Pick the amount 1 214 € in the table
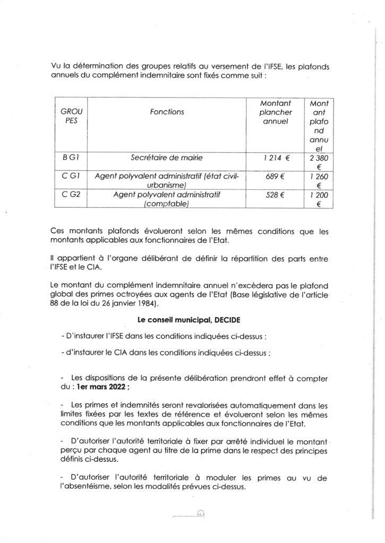(274, 157)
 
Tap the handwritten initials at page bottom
(200, 513)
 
